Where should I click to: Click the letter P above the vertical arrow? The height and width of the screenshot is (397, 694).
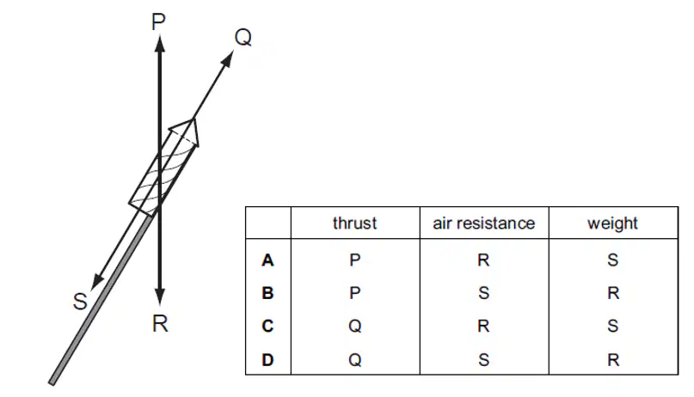[158, 22]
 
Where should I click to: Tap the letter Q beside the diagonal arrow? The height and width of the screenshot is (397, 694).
[243, 38]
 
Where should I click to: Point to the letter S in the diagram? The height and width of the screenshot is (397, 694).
[80, 302]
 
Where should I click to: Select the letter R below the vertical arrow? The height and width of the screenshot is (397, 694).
[160, 324]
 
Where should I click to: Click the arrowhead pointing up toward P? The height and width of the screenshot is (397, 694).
[160, 43]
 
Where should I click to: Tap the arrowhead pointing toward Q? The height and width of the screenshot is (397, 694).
[228, 58]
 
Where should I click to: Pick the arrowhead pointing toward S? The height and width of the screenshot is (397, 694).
[96, 283]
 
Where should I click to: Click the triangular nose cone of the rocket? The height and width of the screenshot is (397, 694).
[186, 131]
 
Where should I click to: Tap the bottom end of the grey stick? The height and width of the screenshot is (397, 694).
[52, 382]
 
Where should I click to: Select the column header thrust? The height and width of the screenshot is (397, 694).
[354, 223]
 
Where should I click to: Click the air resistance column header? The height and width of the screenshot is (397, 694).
[484, 223]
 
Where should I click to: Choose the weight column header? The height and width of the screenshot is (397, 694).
[612, 223]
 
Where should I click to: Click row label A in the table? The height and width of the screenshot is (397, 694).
[267, 260]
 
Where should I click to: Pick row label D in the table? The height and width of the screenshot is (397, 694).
[267, 360]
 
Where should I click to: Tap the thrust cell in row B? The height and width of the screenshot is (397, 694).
[354, 293]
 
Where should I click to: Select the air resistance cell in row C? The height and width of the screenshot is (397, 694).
[483, 326]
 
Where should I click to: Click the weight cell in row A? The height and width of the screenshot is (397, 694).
[612, 260]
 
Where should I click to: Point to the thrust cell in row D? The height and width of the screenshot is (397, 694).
[354, 360]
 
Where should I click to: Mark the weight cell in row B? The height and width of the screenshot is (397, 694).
[613, 293]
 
